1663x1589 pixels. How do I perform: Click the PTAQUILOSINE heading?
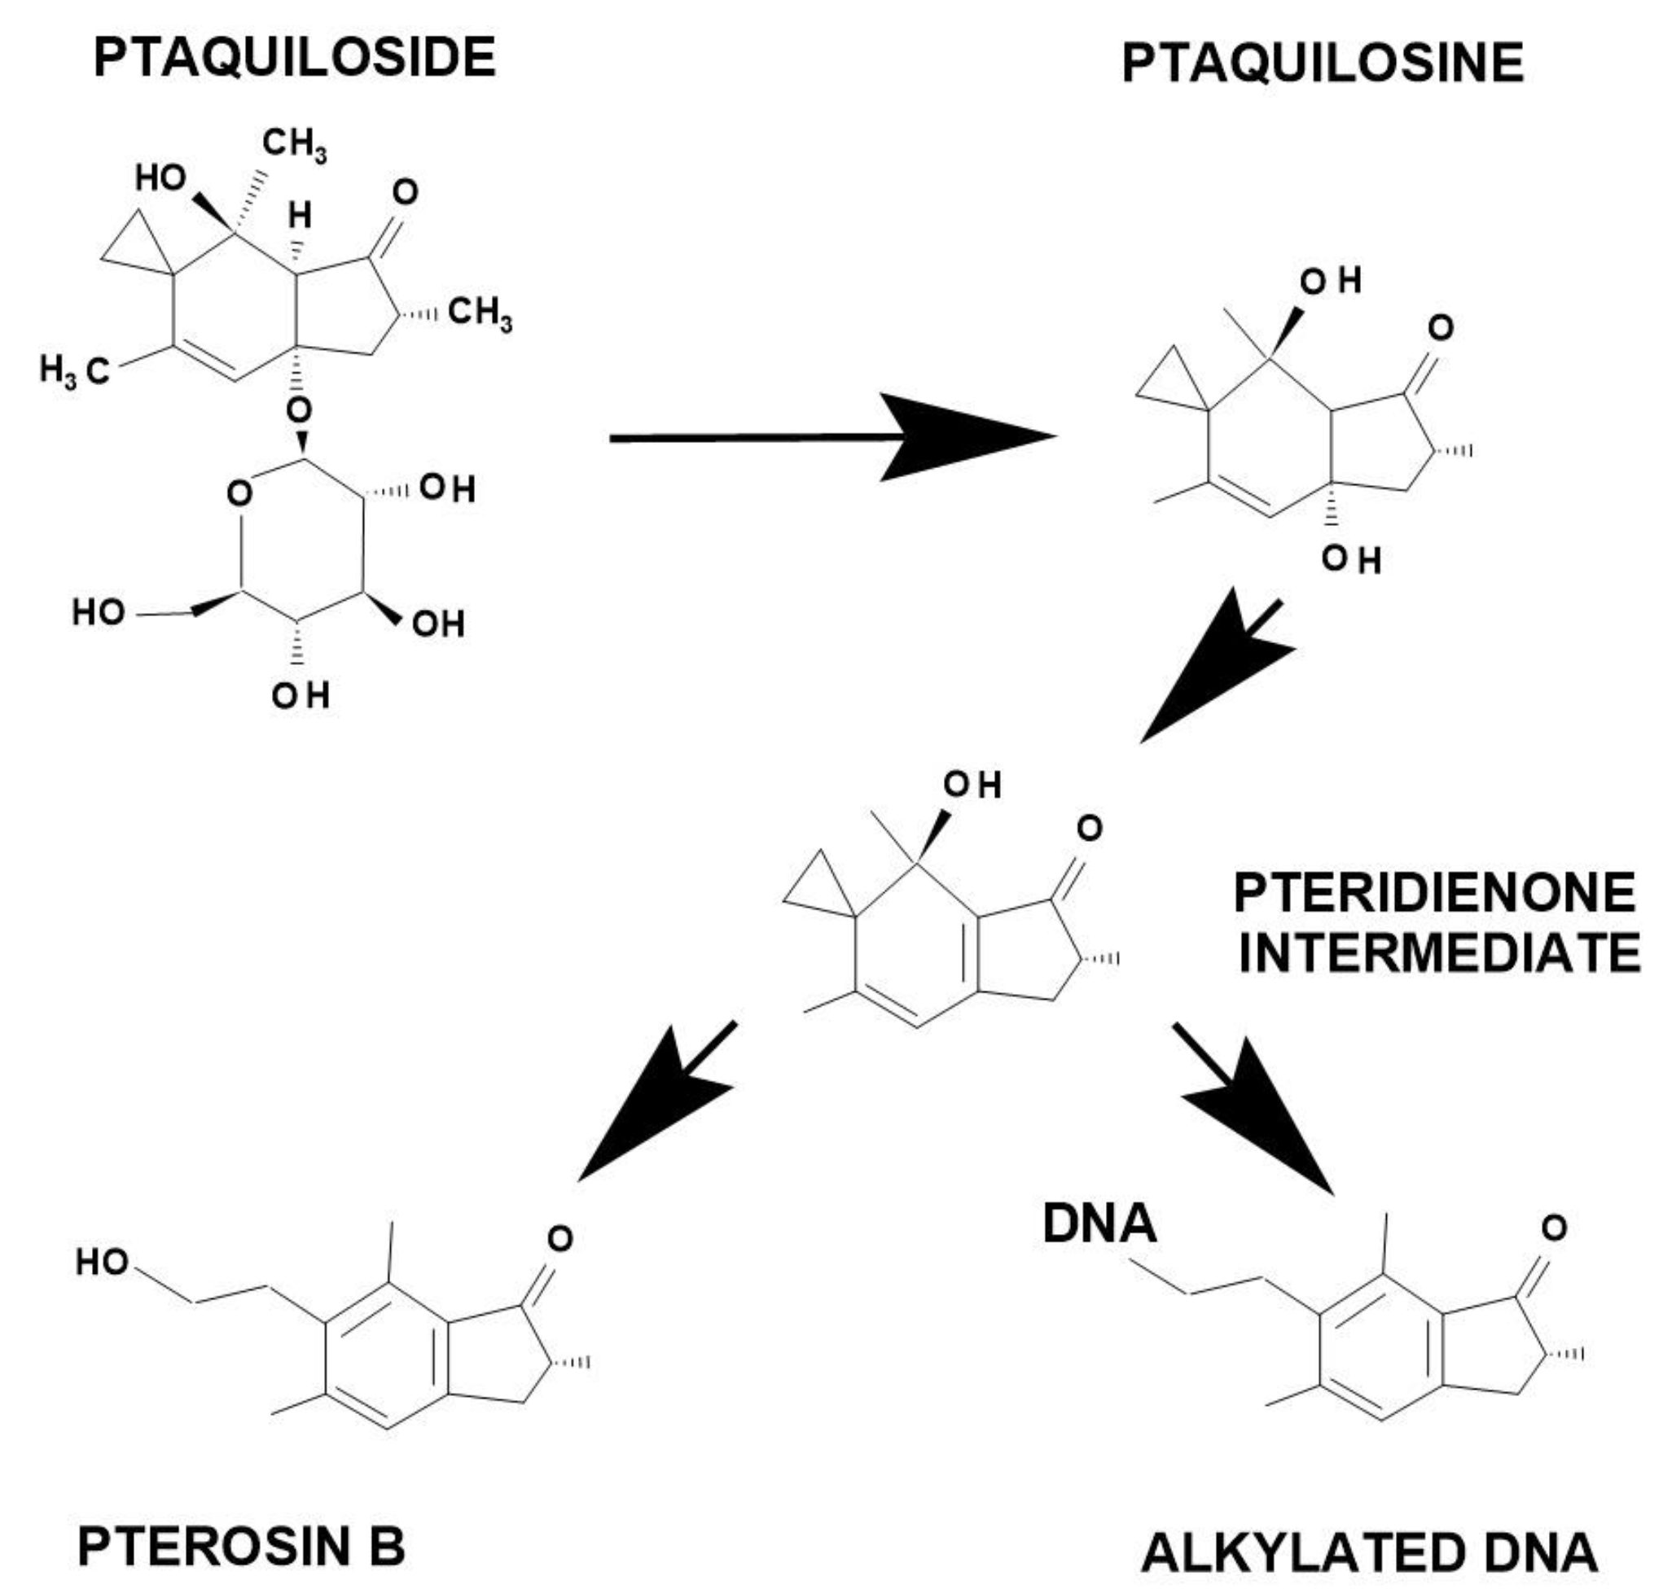pyautogui.click(x=1323, y=63)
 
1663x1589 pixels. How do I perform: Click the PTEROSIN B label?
pyautogui.click(x=241, y=1546)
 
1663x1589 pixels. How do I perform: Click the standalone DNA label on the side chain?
pyautogui.click(x=1099, y=1225)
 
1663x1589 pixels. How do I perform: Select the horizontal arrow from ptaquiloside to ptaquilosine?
pyautogui.click(x=830, y=437)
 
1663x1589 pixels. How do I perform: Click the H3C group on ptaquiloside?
pyautogui.click(x=75, y=371)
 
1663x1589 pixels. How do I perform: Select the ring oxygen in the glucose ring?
pyautogui.click(x=239, y=493)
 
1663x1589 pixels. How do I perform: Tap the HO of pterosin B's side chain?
pyautogui.click(x=102, y=1262)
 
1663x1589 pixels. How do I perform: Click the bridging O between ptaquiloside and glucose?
pyautogui.click(x=298, y=410)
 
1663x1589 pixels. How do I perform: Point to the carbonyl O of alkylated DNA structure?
pyautogui.click(x=1554, y=1228)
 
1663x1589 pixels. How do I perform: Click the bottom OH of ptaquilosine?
pyautogui.click(x=1352, y=559)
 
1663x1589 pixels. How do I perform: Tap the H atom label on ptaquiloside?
pyautogui.click(x=299, y=215)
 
